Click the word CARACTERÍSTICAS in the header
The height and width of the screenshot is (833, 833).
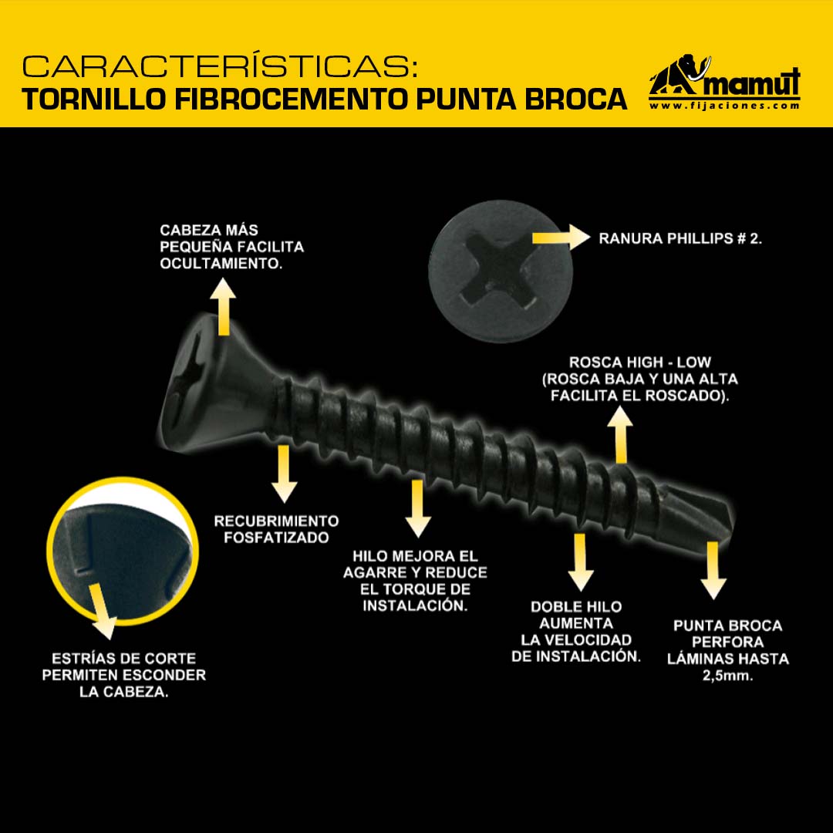point(220,66)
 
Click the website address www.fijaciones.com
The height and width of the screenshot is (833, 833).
point(724,105)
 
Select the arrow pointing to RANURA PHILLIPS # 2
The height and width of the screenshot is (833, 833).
point(561,237)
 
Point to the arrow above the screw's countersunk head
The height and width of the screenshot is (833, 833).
point(223,306)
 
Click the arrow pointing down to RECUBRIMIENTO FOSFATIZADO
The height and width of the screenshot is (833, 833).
point(284,474)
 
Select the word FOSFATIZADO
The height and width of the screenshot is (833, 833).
point(276,538)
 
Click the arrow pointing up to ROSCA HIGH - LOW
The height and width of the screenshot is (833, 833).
point(620,434)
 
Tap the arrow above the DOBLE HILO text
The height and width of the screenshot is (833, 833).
point(580,562)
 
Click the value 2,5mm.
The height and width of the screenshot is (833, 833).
point(727,676)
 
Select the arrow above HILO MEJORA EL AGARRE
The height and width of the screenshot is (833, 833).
point(418,508)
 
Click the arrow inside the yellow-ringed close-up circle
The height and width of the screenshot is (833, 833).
point(102,611)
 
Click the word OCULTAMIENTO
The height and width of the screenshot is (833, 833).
point(221,264)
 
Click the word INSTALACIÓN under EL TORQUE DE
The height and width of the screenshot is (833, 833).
point(416,605)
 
